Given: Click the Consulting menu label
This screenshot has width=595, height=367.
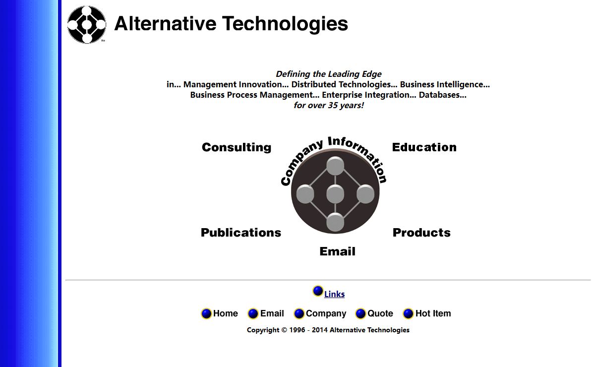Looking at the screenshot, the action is point(237,147).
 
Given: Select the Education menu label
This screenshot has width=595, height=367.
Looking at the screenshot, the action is point(424,147).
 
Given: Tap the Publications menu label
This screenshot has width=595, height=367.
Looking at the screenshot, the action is point(241,233).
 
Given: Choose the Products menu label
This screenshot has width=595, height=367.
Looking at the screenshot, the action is point(421,233).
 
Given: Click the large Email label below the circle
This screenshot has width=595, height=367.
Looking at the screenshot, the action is point(337,251).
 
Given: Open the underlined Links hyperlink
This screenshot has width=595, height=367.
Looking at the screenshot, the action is point(334,294).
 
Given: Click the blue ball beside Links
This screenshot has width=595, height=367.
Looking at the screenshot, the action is point(318,291).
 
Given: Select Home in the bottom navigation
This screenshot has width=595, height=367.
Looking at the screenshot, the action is point(225,313).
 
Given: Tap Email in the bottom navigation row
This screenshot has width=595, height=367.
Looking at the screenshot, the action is point(272,313).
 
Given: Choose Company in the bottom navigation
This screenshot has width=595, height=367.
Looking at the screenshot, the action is point(326,313).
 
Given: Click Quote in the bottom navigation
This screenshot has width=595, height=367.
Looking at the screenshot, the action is point(380,313).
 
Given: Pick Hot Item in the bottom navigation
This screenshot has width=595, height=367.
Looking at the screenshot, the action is point(433,313).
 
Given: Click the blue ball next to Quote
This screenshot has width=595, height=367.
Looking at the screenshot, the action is point(360,313).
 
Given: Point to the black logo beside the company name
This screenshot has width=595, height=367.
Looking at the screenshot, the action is point(87,25).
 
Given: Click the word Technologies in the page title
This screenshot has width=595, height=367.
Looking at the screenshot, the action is point(285,24).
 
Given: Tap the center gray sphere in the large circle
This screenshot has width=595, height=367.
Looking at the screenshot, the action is point(335,194).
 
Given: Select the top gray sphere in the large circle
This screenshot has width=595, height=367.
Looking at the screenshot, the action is point(335,166).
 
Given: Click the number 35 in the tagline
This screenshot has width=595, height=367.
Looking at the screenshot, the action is point(333,105).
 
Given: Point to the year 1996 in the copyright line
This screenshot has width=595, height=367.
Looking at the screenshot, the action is point(297,330).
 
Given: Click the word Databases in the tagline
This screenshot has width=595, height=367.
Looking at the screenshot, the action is point(442,95).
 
